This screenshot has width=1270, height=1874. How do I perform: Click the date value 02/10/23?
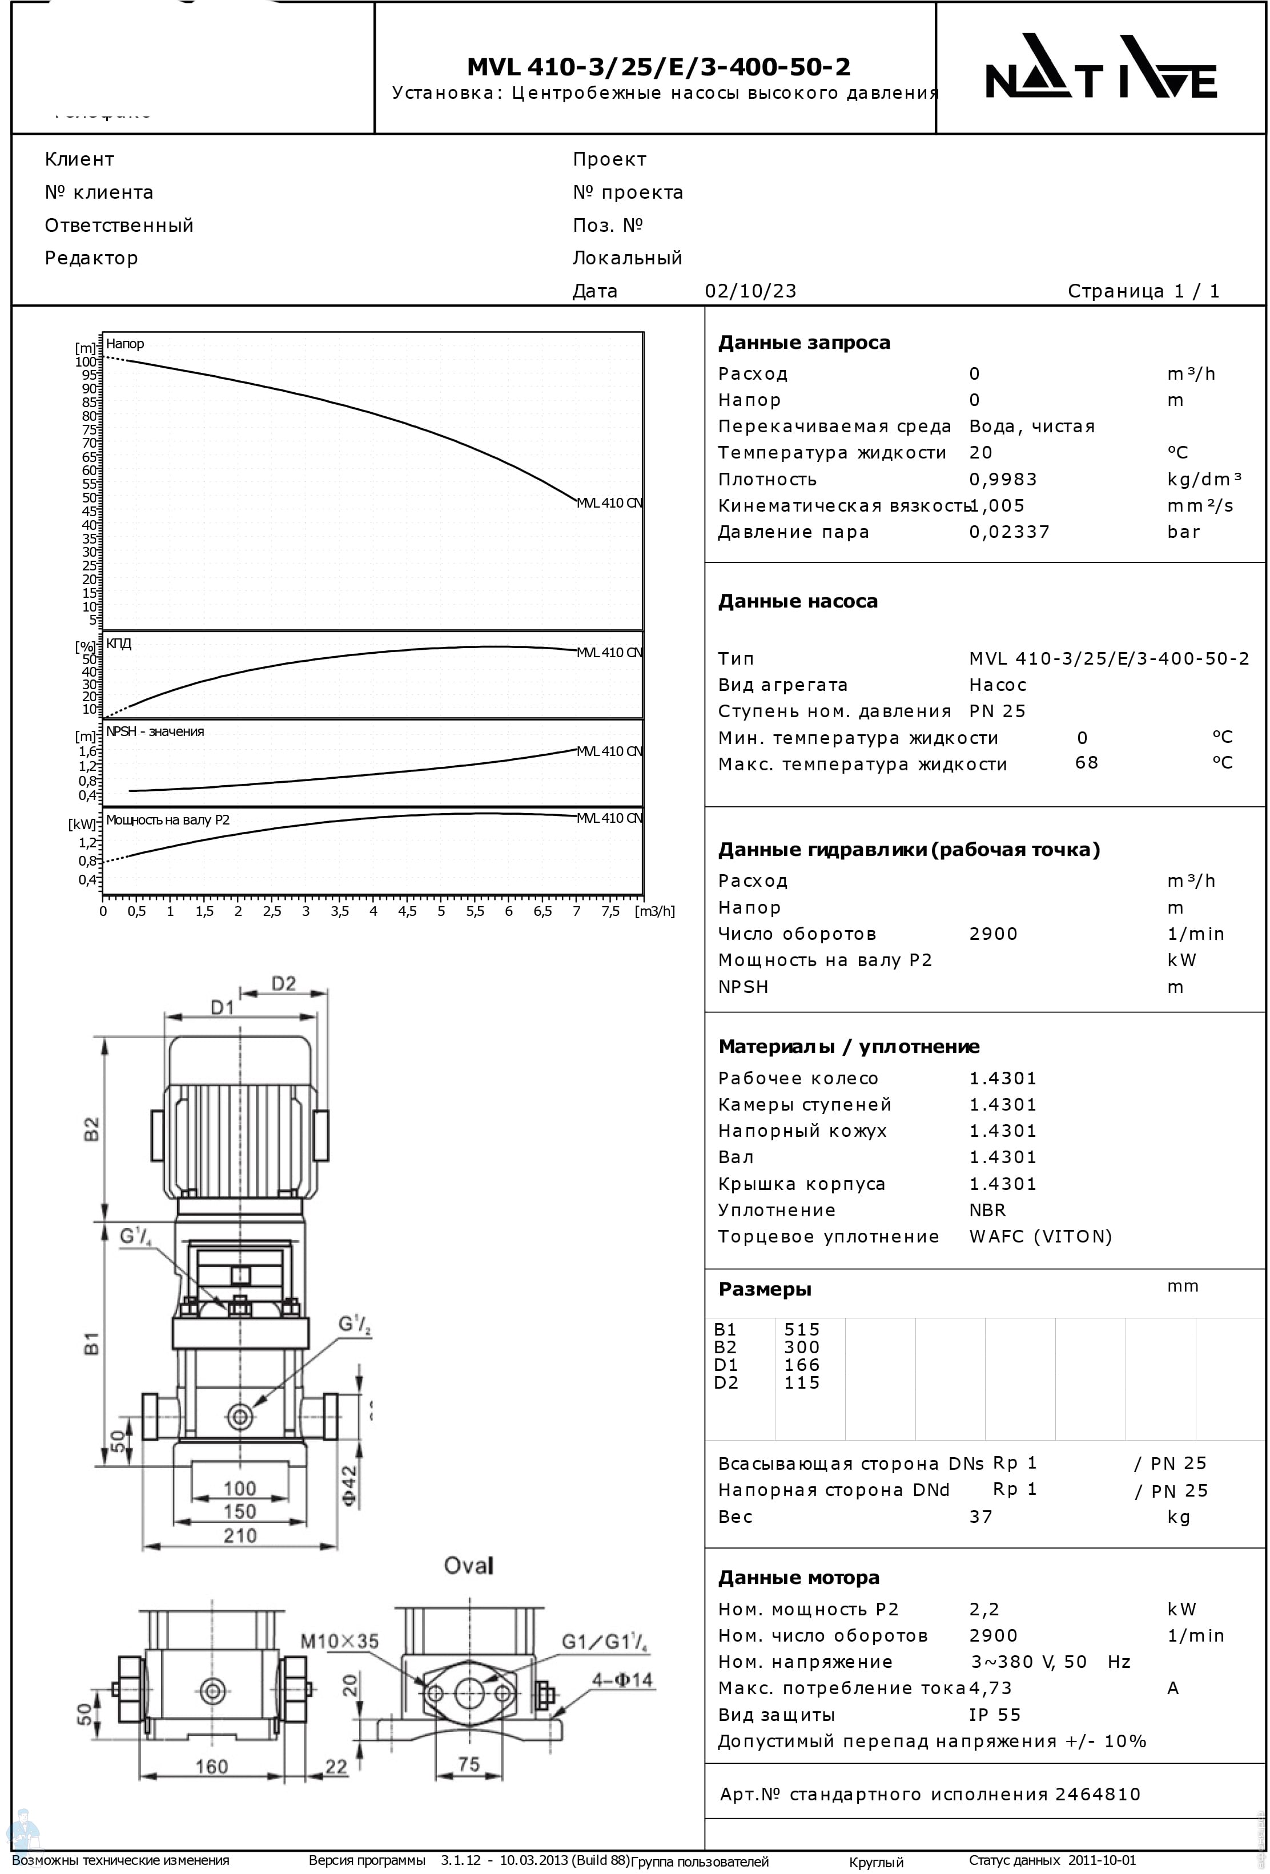[x=750, y=291]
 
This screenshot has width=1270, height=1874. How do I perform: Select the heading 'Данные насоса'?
[x=798, y=602]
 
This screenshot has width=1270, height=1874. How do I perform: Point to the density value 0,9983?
[x=1002, y=480]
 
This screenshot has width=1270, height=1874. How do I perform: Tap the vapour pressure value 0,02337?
[x=1008, y=532]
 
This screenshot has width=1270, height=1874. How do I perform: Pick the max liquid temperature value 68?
[x=1086, y=763]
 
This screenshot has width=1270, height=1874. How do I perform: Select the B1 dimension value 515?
[x=802, y=1330]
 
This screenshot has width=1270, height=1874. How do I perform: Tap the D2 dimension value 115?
[x=802, y=1383]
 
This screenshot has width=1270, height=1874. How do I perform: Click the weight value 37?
[x=980, y=1517]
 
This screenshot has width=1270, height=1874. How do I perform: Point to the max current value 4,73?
[x=990, y=1688]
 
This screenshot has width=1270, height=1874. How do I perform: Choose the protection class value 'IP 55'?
[x=994, y=1715]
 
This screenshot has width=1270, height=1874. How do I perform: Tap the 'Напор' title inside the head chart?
[x=125, y=344]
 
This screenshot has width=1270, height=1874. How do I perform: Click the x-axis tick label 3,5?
[x=339, y=912]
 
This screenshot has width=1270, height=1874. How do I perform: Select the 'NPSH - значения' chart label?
[x=155, y=731]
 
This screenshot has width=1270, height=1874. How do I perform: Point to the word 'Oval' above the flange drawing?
[x=468, y=1566]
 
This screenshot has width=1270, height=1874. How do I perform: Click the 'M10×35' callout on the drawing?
[x=339, y=1641]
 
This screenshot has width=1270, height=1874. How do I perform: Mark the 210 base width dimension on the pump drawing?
[x=239, y=1535]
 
